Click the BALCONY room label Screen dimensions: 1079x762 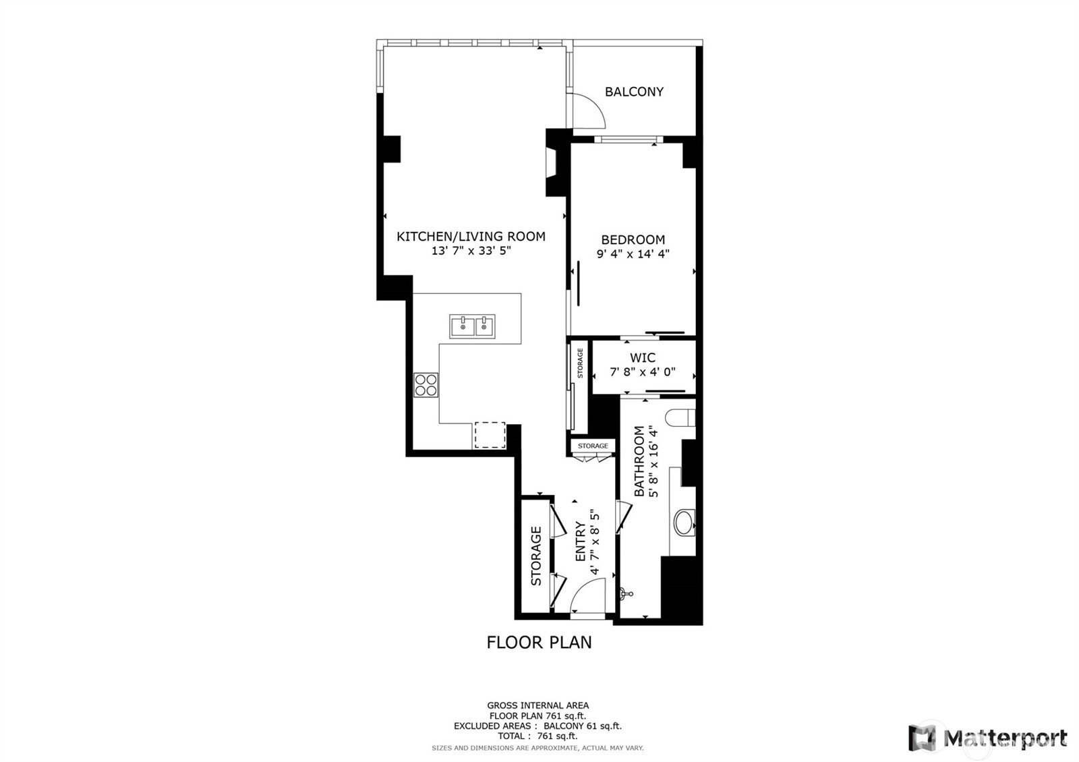coord(634,92)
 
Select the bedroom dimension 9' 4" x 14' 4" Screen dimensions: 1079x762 coord(633,254)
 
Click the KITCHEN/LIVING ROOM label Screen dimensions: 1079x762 coord(471,236)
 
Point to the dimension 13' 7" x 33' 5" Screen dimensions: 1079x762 coord(471,250)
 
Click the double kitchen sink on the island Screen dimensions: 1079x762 coord(472,326)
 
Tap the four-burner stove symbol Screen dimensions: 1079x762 coord(426,385)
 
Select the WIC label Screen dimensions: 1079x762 coord(643,357)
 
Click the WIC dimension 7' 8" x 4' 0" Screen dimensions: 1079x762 coord(643,372)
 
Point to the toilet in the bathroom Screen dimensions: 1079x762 coord(680,417)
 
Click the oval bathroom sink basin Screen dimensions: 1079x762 coord(684,523)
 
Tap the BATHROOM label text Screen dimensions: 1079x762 coord(639,461)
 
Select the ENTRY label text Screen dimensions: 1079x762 coord(581,541)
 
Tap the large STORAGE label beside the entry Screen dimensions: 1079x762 coord(536,556)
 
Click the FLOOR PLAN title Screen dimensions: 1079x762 coord(539,642)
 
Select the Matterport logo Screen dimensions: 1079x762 coord(988,738)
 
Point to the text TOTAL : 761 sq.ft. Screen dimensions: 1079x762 coord(537,736)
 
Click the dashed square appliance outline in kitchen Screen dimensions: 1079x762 coord(490,435)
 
